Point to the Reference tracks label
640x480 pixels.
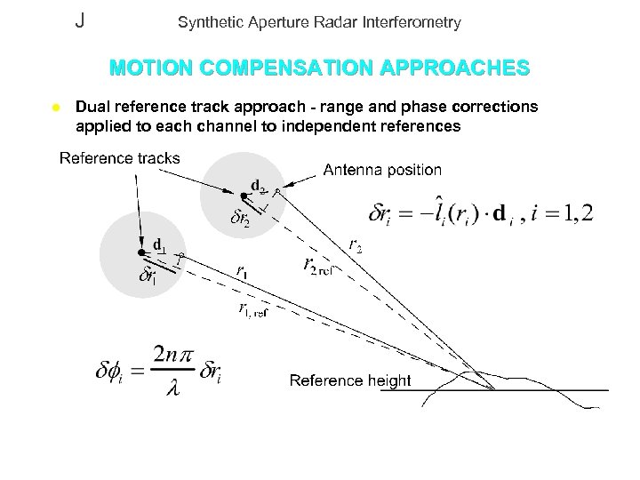pyautogui.click(x=119, y=159)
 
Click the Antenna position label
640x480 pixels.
pyautogui.click(x=381, y=169)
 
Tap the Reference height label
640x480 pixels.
pyautogui.click(x=350, y=381)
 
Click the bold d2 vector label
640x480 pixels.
pyautogui.click(x=258, y=186)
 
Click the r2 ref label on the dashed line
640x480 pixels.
pyautogui.click(x=317, y=265)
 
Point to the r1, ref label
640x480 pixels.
pyautogui.click(x=252, y=309)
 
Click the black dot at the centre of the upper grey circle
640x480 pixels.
pyautogui.click(x=242, y=195)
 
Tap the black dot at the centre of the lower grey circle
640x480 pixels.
pyautogui.click(x=140, y=252)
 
